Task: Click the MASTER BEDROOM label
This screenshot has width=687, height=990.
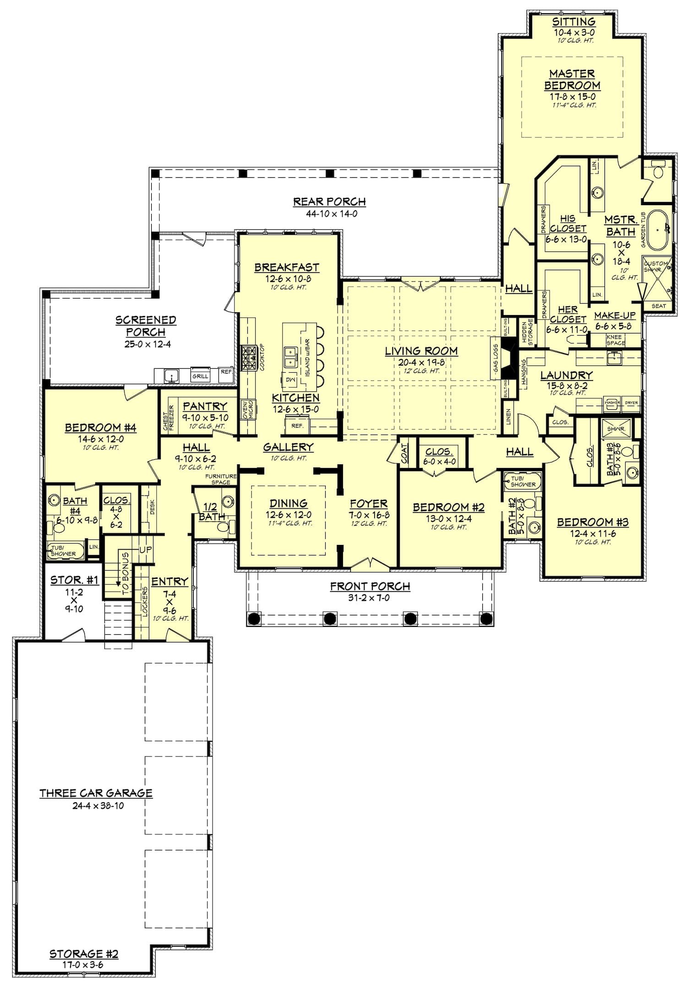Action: tap(572, 80)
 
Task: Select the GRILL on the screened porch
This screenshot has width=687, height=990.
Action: tap(200, 375)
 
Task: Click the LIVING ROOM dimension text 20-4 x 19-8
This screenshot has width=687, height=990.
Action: tap(421, 362)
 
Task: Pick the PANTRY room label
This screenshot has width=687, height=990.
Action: tap(205, 406)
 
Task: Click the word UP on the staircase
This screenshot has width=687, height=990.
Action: tap(145, 549)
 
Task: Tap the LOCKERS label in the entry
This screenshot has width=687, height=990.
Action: tap(145, 602)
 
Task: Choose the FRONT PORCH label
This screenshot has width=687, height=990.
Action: tap(370, 586)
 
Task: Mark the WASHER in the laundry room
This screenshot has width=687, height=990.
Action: tap(612, 403)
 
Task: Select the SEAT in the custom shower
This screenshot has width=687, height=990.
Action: tap(659, 306)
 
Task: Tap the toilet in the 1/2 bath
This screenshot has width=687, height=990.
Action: tap(223, 527)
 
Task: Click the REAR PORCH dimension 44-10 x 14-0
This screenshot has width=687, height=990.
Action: tap(329, 213)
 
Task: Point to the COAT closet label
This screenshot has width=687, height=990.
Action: tap(404, 453)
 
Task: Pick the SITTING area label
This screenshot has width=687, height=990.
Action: tap(573, 22)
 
